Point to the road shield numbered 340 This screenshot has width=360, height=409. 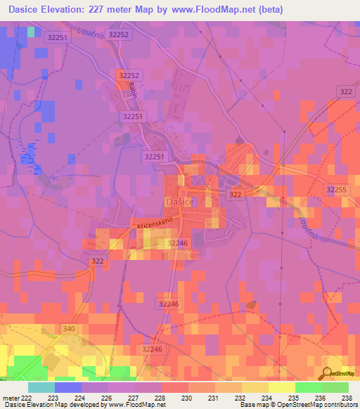(x=69, y=329)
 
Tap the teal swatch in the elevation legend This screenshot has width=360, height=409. (x=41, y=387)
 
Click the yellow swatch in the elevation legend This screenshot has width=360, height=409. (x=282, y=387)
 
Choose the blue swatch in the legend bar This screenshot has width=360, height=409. (x=68, y=387)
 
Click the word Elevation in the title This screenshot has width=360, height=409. (x=68, y=8)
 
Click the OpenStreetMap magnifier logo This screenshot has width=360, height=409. (x=328, y=374)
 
